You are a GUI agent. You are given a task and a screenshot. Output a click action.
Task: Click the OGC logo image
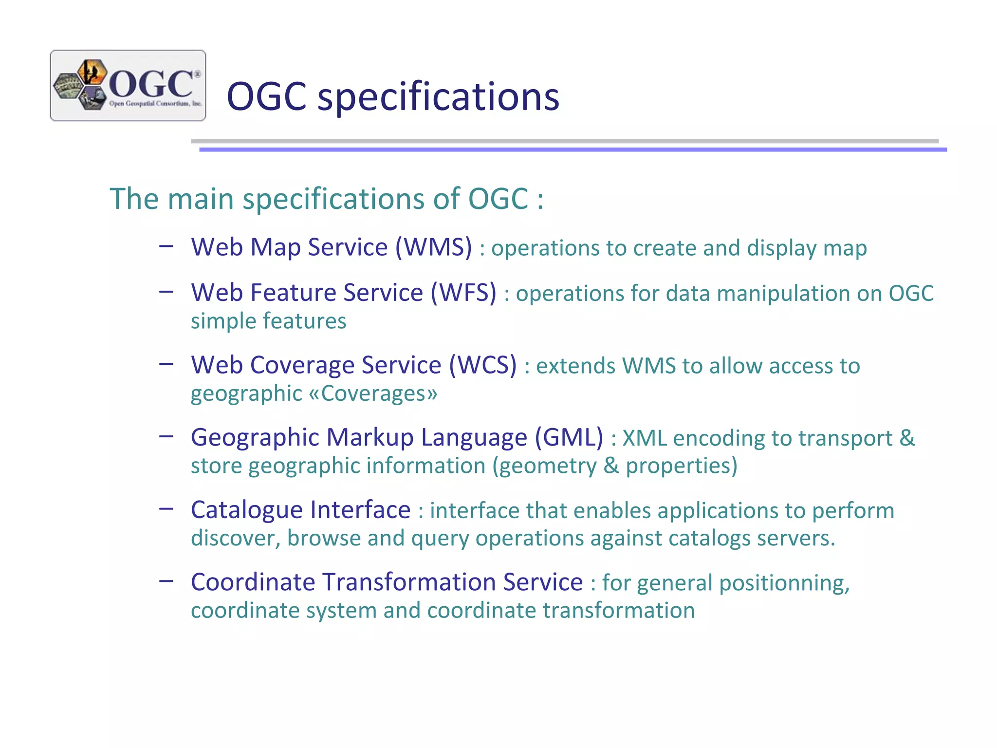pyautogui.click(x=128, y=85)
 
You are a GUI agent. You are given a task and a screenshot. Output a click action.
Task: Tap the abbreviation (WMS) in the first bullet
pyautogui.click(x=433, y=247)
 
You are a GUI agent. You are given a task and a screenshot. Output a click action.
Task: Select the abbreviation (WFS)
pyautogui.click(x=463, y=293)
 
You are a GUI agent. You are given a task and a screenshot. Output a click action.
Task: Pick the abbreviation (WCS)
pyautogui.click(x=482, y=365)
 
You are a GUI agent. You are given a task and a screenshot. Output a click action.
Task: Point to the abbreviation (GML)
pyautogui.click(x=569, y=437)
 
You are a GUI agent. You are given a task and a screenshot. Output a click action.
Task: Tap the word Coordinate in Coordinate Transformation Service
pyautogui.click(x=253, y=582)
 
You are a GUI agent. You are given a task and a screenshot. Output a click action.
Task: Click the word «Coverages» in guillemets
pyautogui.click(x=373, y=393)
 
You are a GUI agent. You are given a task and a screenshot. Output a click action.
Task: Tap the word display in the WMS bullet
pyautogui.click(x=781, y=248)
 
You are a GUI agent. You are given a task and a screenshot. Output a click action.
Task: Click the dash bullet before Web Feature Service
pyautogui.click(x=166, y=292)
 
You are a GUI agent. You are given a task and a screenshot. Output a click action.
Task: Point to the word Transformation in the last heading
pyautogui.click(x=408, y=582)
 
